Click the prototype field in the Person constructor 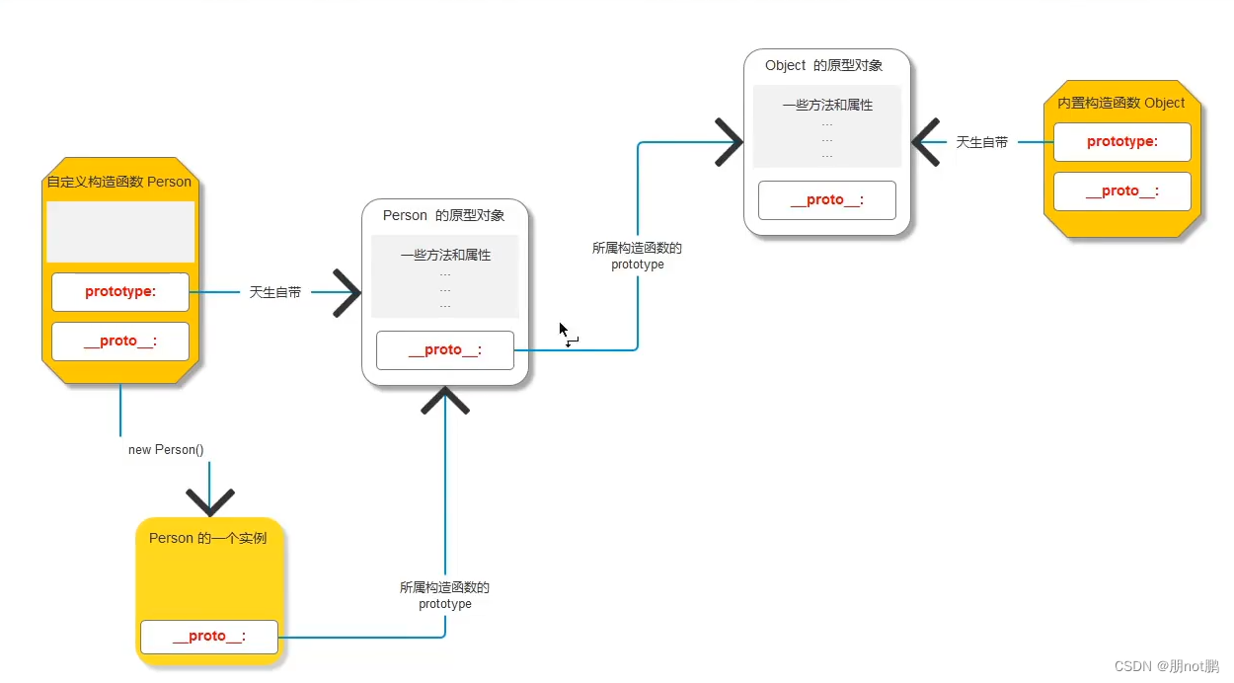click(x=120, y=291)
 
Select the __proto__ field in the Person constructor click(x=120, y=341)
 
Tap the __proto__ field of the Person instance click(x=209, y=637)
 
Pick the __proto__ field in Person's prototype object click(x=445, y=350)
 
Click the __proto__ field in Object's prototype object click(x=827, y=200)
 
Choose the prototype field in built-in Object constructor click(x=1122, y=142)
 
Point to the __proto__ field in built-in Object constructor click(x=1122, y=191)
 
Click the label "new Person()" click(x=166, y=450)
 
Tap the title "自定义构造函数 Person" click(x=119, y=182)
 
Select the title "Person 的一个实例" click(x=208, y=538)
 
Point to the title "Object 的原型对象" click(x=824, y=65)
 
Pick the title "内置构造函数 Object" click(x=1121, y=103)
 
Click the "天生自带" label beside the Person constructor click(x=275, y=293)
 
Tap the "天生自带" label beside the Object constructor click(x=982, y=142)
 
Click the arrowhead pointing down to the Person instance click(x=209, y=501)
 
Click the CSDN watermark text click(x=1167, y=666)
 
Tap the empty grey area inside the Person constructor click(x=120, y=232)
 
